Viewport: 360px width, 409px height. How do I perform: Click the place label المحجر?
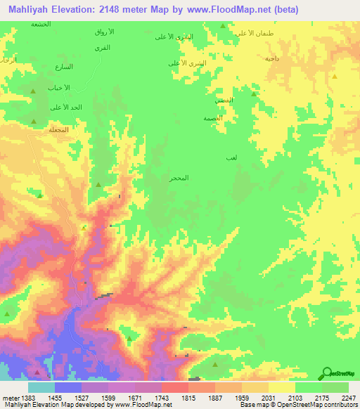tap(179, 179)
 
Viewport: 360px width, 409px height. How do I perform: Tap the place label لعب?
tap(231, 160)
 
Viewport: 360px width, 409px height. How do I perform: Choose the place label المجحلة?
tap(58, 129)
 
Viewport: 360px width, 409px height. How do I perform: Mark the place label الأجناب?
tap(58, 88)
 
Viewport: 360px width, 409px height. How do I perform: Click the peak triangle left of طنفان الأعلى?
tap(223, 26)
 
